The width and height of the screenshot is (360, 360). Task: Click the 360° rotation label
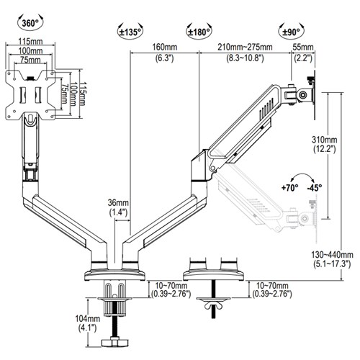click(x=30, y=24)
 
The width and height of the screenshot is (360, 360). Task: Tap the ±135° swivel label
click(x=130, y=32)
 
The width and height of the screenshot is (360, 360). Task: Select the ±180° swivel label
click(x=199, y=32)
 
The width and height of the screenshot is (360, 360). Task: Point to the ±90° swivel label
click(x=291, y=32)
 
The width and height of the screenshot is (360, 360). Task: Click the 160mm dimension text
click(x=165, y=47)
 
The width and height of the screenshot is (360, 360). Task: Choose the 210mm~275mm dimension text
click(x=245, y=47)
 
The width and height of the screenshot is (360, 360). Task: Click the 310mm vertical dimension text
click(x=324, y=139)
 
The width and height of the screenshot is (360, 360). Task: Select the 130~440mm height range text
click(x=332, y=254)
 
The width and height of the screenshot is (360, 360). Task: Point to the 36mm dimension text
click(x=118, y=202)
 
